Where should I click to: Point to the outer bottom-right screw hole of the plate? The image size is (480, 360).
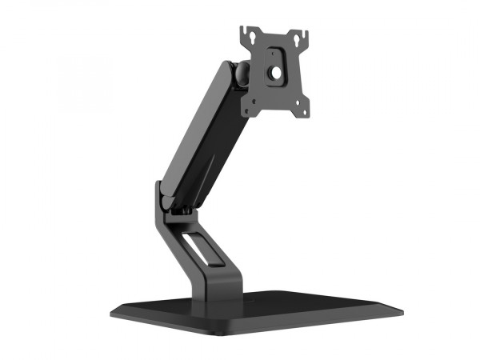pos(302,111)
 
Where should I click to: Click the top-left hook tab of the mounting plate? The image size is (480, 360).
pos(246,30)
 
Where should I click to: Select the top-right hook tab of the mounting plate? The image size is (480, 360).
pos(305,33)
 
